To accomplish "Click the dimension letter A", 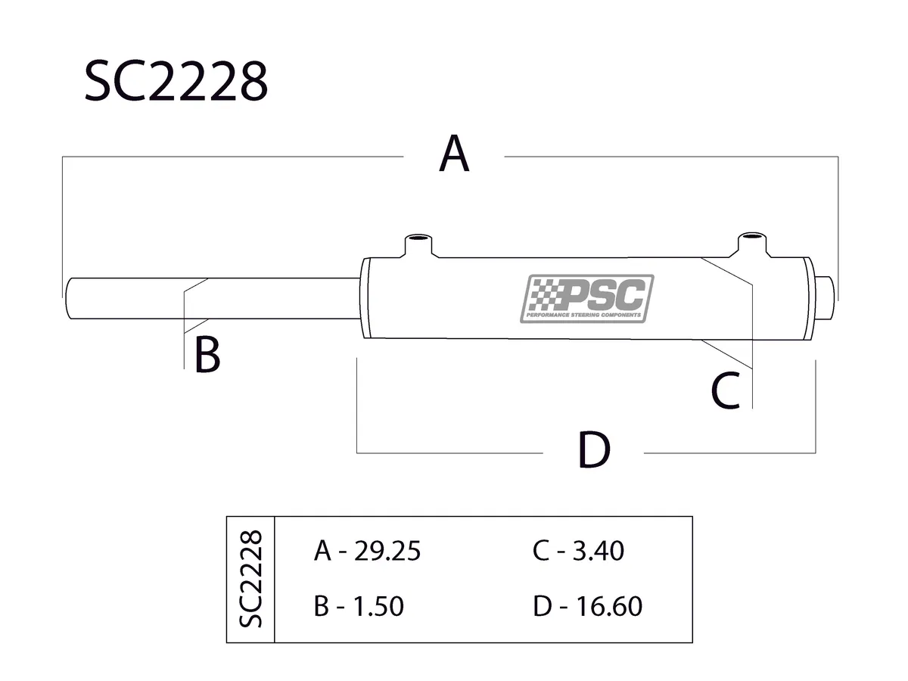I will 454,154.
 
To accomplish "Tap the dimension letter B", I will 207,356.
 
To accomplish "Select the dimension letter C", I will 725,391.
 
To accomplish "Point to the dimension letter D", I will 593,451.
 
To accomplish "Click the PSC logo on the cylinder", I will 588,298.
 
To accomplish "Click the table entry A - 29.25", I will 366,552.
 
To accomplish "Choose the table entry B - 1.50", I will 358,606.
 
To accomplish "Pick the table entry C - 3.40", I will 578,552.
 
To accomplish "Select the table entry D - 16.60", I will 587,606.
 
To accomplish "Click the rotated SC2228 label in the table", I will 250,579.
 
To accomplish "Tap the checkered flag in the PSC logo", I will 542,294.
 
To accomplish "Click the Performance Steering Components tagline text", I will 585,315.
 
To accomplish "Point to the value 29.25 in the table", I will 387,552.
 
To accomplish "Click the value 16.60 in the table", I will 608,606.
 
